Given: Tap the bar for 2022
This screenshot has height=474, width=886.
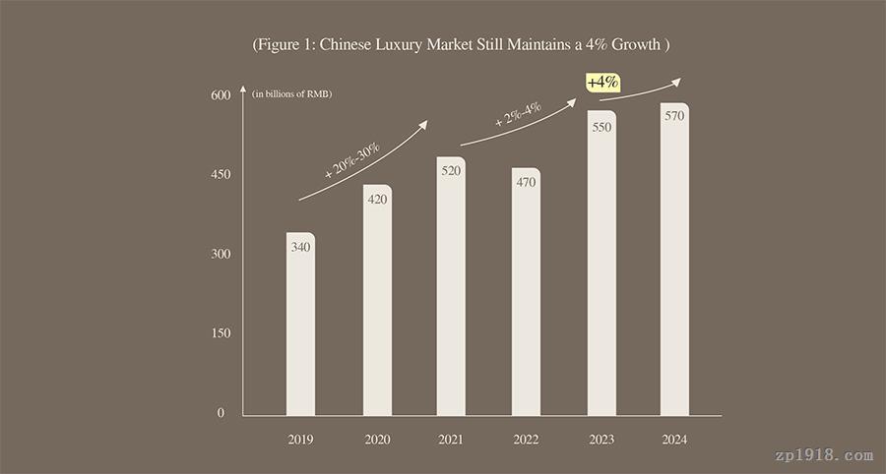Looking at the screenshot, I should tap(526, 295).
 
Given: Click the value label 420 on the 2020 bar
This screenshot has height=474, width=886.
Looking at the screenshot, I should tap(377, 200).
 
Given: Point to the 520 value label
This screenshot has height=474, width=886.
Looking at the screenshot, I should tap(451, 171).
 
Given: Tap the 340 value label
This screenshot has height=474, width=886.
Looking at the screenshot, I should tap(301, 247).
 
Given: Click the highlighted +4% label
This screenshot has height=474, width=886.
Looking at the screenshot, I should tap(602, 83).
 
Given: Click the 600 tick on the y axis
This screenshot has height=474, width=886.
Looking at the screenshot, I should tap(220, 95).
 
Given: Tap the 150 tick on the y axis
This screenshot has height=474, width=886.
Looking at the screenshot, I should tap(220, 333).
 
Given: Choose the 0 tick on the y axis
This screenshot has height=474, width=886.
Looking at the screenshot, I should tap(221, 413).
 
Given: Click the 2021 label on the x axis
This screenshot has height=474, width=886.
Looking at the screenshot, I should tap(451, 440).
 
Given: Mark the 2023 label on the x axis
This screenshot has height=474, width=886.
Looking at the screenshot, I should tap(601, 440).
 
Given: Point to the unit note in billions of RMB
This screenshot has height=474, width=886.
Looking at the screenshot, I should tap(291, 94).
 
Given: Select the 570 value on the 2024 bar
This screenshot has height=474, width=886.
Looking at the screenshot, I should tap(674, 115).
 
